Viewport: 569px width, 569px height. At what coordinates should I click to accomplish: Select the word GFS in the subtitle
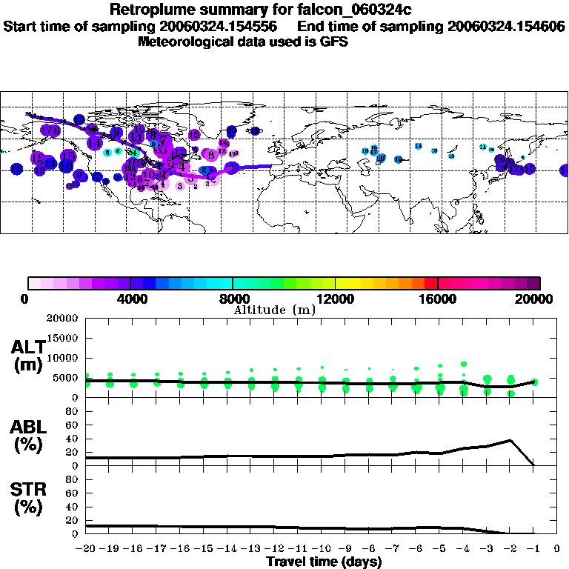click(x=333, y=41)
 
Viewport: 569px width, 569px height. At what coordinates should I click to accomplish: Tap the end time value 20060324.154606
click(x=506, y=26)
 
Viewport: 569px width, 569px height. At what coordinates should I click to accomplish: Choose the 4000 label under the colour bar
click(x=130, y=299)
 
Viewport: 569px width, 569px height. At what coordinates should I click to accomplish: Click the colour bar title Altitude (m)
click(x=274, y=310)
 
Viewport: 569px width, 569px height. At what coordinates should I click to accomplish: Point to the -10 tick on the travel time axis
click(x=322, y=549)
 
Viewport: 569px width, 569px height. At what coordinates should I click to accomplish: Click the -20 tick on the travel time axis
click(x=86, y=549)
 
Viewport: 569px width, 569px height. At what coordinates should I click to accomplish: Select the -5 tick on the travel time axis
click(x=439, y=549)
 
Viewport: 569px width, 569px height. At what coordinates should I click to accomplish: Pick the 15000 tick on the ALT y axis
click(x=62, y=338)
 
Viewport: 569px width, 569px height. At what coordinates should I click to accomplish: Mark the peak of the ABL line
click(x=510, y=440)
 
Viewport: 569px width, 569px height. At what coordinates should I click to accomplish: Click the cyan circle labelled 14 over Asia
click(x=419, y=147)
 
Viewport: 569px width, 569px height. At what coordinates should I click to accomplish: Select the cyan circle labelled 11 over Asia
click(x=483, y=147)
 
